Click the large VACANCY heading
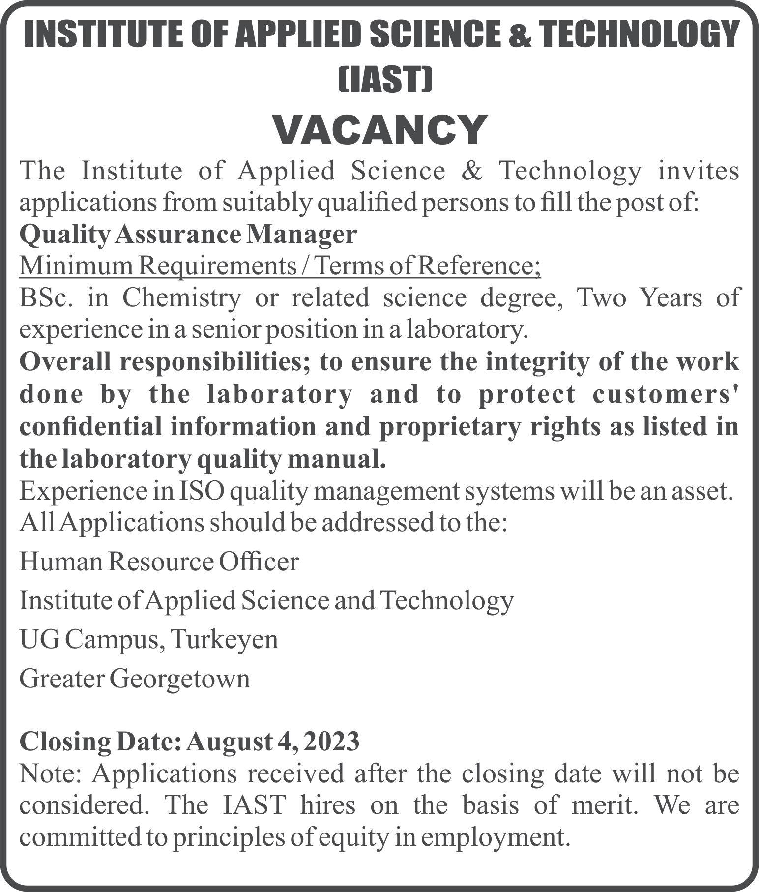[379, 130]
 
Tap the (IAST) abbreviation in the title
[385, 80]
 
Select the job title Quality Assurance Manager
[187, 235]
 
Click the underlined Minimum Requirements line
[280, 267]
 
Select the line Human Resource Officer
[159, 562]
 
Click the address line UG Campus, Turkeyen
[149, 640]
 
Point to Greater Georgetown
[135, 679]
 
